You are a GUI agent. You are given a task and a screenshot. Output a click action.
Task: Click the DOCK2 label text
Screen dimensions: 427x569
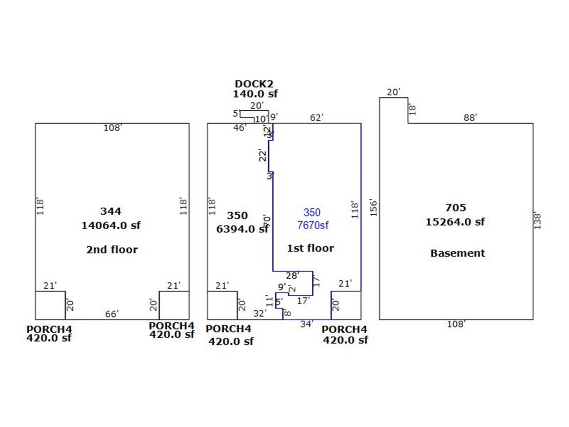pyautogui.click(x=254, y=84)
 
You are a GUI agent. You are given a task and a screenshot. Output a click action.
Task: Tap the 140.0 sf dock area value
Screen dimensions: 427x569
pyautogui.click(x=255, y=94)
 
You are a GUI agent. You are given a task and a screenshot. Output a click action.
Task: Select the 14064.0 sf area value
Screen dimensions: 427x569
pyautogui.click(x=111, y=225)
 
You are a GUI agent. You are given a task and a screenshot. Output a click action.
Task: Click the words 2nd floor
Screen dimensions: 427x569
pyautogui.click(x=112, y=249)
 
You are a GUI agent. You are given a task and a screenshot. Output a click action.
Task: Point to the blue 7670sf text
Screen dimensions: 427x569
pyautogui.click(x=313, y=225)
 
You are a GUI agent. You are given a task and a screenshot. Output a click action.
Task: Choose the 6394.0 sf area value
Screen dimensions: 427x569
pyautogui.click(x=242, y=229)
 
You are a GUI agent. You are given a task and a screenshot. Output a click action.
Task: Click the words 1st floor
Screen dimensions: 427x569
pyautogui.click(x=310, y=248)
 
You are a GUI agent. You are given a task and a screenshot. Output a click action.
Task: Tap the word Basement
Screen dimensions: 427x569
pyautogui.click(x=457, y=253)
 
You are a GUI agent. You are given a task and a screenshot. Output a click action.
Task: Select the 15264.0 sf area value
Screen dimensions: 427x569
pyautogui.click(x=455, y=222)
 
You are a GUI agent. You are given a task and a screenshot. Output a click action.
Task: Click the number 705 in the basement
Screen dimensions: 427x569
pyautogui.click(x=455, y=208)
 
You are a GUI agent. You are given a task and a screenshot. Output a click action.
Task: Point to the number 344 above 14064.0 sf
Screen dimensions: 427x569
pyautogui.click(x=111, y=211)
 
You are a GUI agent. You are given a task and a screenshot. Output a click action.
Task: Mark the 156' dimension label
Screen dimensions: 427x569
pyautogui.click(x=373, y=208)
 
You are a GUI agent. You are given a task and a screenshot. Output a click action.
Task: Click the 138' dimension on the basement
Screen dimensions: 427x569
pyautogui.click(x=537, y=221)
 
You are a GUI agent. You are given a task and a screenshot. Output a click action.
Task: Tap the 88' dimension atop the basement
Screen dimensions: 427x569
pyautogui.click(x=470, y=118)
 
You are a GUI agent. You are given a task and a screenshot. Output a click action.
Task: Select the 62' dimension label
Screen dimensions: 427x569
pyautogui.click(x=316, y=117)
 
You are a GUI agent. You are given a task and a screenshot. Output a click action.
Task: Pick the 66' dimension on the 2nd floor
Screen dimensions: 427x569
pyautogui.click(x=111, y=314)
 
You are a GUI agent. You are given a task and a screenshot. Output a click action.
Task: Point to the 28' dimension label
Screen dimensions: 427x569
pyautogui.click(x=292, y=276)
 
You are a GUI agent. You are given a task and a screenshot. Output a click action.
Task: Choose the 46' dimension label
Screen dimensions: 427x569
pyautogui.click(x=239, y=128)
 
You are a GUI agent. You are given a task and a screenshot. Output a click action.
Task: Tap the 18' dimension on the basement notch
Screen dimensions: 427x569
pyautogui.click(x=412, y=110)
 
